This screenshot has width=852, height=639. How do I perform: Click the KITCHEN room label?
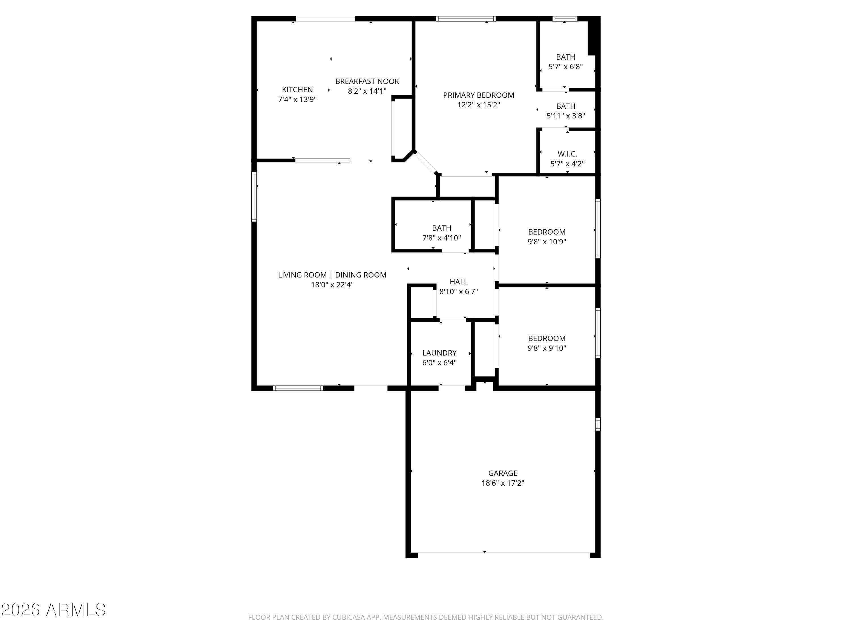[297, 90]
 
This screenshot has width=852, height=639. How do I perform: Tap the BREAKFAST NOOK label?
[367, 81]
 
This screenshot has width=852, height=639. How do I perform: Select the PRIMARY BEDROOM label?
[478, 95]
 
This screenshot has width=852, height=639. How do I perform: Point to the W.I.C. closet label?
[567, 154]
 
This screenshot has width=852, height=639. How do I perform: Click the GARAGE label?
[503, 473]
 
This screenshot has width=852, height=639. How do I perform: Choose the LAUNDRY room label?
[439, 353]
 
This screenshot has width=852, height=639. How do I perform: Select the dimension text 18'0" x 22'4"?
[332, 285]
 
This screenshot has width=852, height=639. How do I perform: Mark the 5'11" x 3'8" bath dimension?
[566, 116]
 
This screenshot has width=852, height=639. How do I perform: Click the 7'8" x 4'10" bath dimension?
[441, 238]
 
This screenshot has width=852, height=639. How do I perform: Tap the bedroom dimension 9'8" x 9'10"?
[547, 348]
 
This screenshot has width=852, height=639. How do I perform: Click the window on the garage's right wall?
[598, 424]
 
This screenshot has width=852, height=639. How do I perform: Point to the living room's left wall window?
[254, 197]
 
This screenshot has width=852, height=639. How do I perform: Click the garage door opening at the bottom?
[504, 555]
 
